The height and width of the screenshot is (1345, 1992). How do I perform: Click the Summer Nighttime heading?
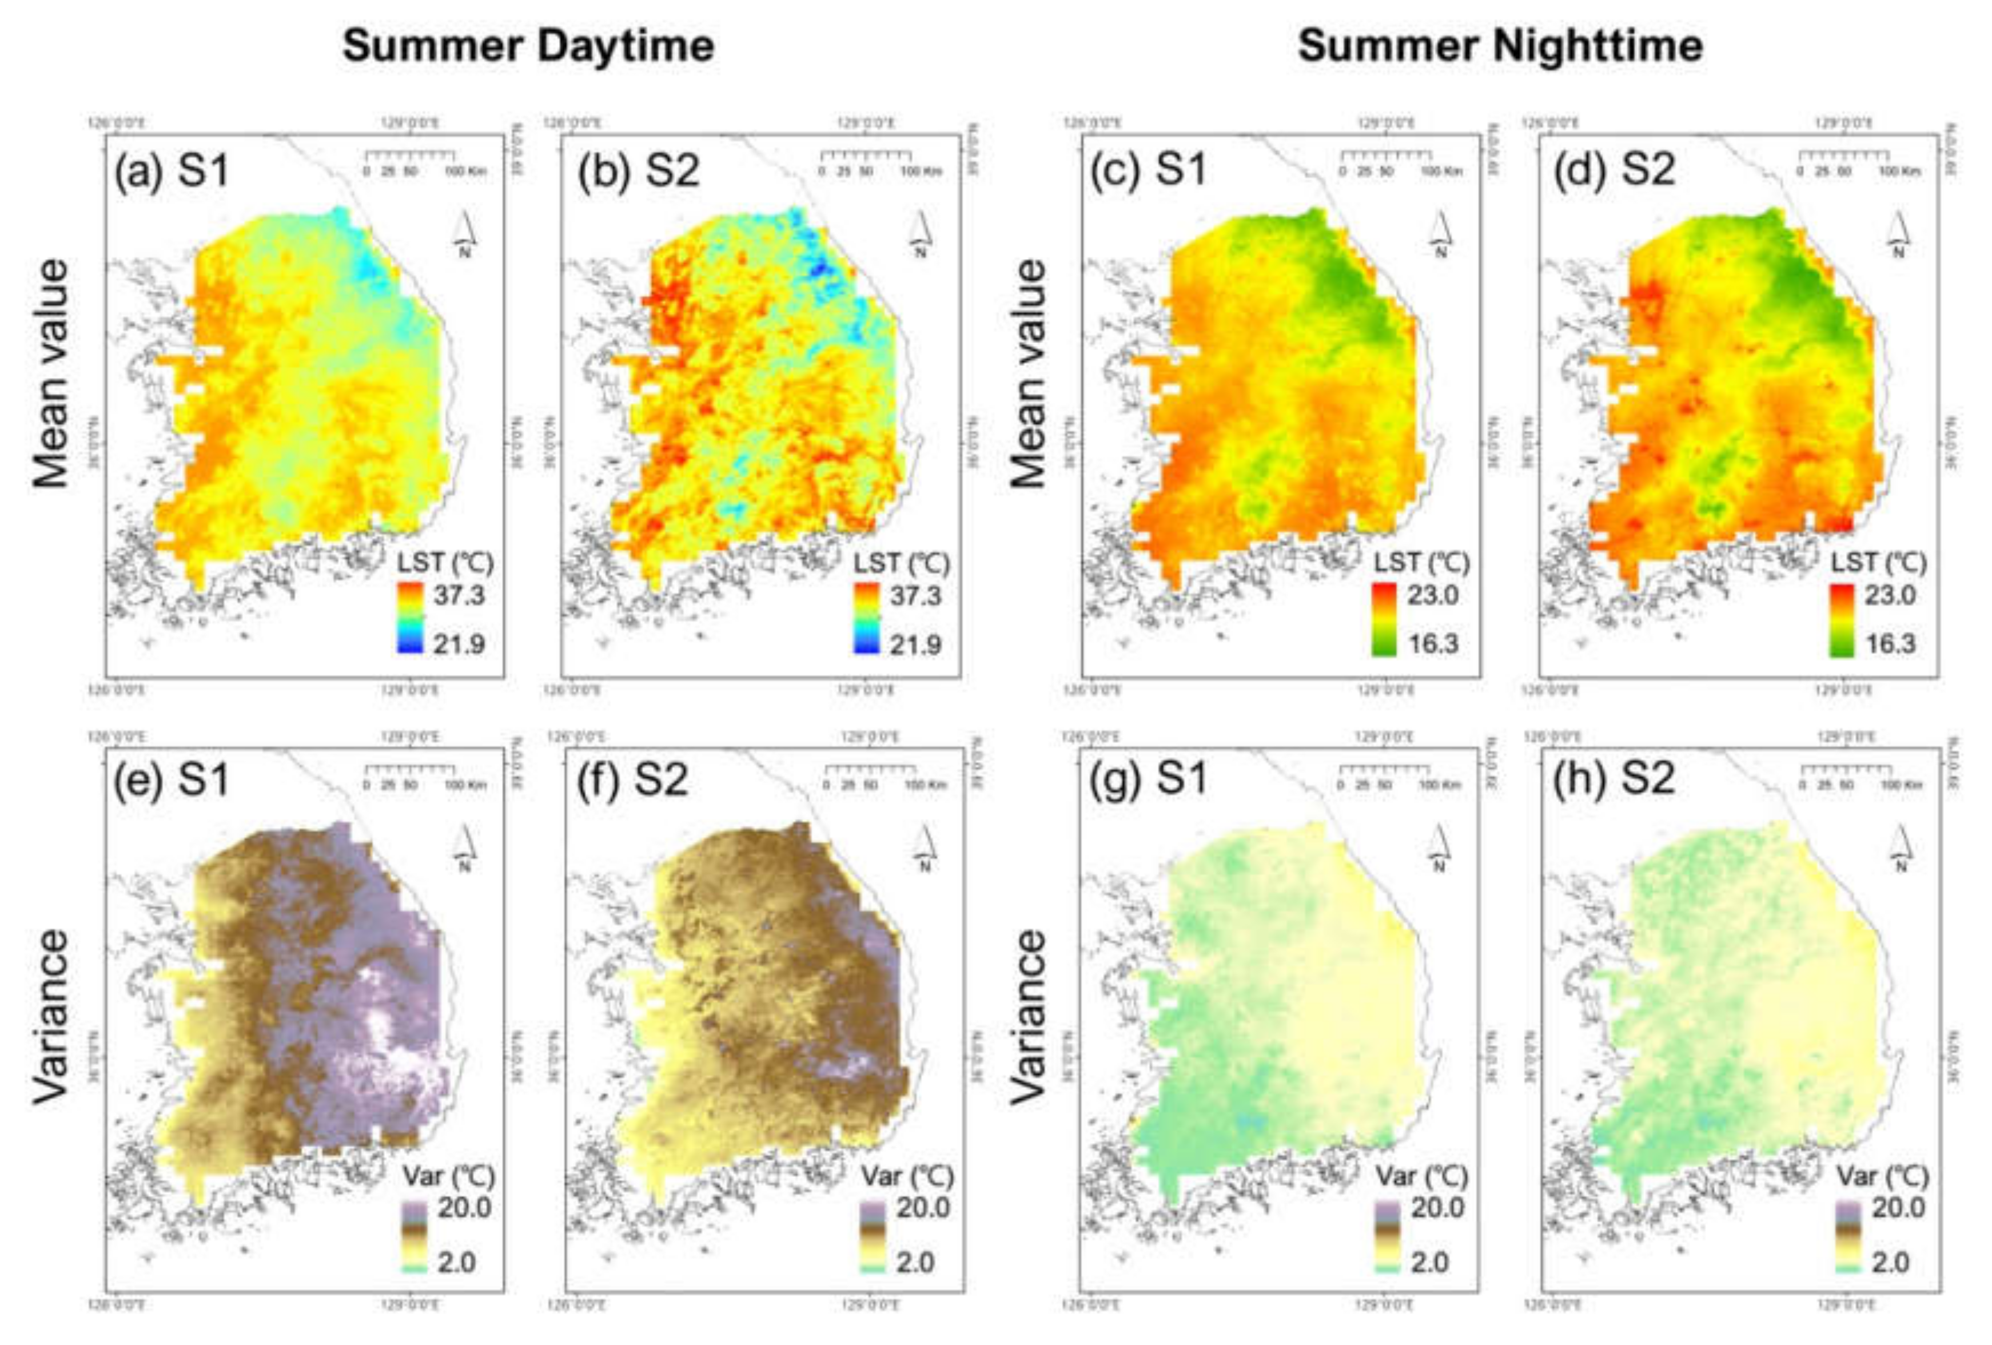[x=1499, y=45]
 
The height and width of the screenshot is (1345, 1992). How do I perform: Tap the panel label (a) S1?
[x=172, y=170]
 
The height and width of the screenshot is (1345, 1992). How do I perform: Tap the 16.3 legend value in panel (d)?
[x=1891, y=644]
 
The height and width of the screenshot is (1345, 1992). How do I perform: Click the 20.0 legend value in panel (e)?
[x=465, y=1208]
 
